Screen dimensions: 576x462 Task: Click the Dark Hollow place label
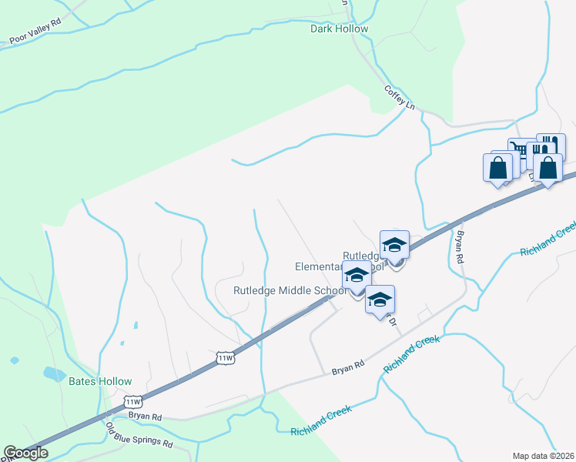click(x=339, y=29)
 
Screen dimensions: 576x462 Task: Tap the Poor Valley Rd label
click(x=35, y=37)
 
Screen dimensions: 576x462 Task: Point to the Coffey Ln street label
click(x=400, y=96)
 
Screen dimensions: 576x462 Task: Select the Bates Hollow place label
click(x=100, y=381)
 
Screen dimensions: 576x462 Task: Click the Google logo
click(x=26, y=453)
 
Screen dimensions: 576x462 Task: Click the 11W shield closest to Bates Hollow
click(x=133, y=402)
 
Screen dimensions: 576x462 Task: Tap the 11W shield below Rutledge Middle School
click(x=225, y=358)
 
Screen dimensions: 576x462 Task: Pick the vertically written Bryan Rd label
click(x=460, y=248)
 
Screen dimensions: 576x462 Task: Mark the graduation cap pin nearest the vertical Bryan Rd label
click(x=394, y=245)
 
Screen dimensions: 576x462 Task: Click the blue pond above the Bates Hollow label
click(x=55, y=374)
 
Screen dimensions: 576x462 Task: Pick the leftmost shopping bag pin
click(x=497, y=167)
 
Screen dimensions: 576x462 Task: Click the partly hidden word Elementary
click(x=318, y=266)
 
